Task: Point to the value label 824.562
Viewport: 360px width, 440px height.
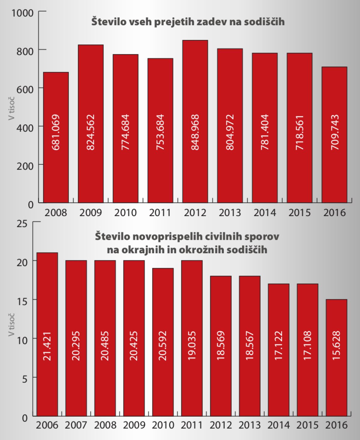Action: (x=91, y=132)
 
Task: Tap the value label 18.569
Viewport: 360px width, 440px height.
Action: (x=220, y=345)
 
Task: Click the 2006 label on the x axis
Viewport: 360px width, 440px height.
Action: (x=47, y=425)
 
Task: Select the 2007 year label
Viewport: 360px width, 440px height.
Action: (x=76, y=425)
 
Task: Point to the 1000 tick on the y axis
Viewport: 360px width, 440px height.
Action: (x=23, y=12)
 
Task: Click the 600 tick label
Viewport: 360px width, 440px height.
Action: (x=26, y=89)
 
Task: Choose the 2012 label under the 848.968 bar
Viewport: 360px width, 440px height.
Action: (x=195, y=213)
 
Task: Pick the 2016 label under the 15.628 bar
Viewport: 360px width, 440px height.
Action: (x=336, y=425)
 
